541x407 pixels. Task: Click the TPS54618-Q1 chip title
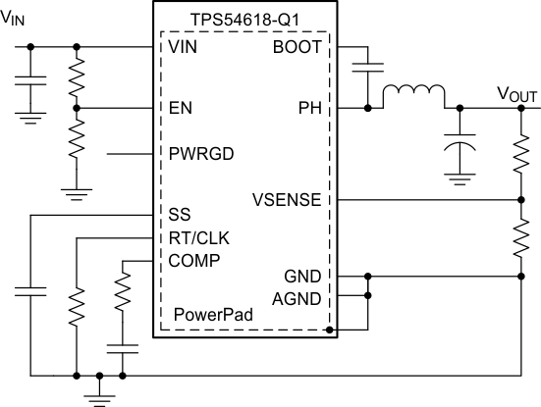(244, 18)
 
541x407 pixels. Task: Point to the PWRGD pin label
(201, 154)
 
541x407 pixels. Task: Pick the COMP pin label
(193, 260)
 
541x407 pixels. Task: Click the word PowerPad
(210, 316)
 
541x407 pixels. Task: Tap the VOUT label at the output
(516, 95)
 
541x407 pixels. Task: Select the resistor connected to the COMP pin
(123, 291)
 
